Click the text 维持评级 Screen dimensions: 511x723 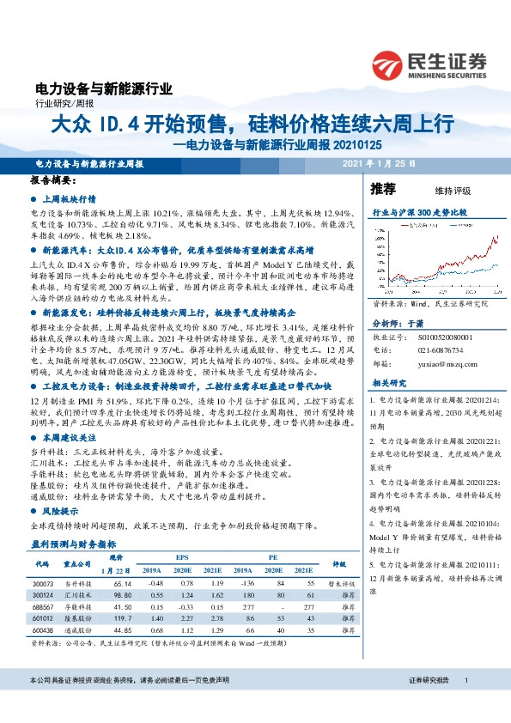[x=441, y=190]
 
